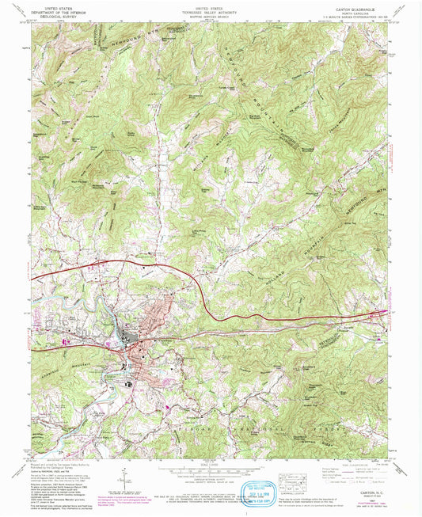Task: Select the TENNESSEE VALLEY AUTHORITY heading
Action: pos(210,8)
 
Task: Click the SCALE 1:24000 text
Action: pos(210,463)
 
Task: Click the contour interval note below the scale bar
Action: pos(210,476)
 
